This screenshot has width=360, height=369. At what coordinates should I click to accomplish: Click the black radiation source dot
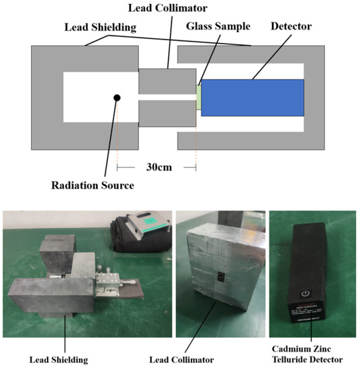[117, 98]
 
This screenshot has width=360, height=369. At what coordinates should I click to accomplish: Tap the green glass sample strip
[198, 97]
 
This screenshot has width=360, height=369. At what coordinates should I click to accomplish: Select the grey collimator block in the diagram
[167, 83]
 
